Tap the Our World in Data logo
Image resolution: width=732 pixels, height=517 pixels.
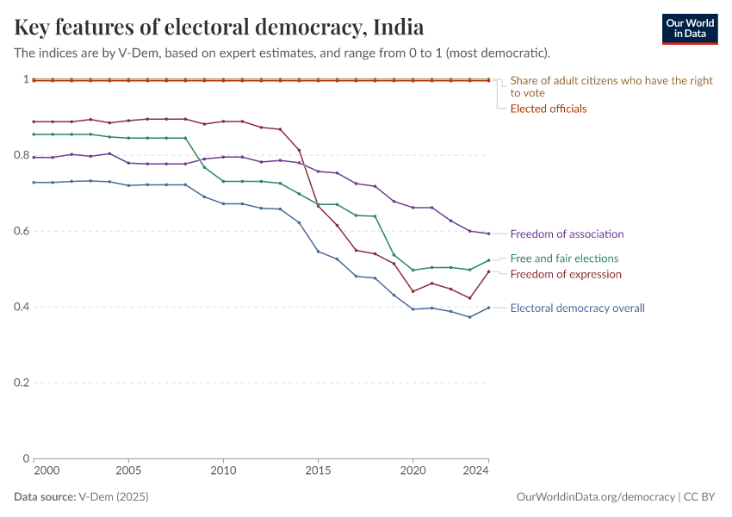(x=689, y=28)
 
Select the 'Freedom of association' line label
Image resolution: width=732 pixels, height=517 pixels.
(x=567, y=234)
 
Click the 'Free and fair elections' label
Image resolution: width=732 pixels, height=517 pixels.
(x=564, y=258)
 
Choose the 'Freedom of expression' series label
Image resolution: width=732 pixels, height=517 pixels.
(x=566, y=274)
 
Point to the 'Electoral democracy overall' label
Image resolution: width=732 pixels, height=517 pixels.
(x=577, y=308)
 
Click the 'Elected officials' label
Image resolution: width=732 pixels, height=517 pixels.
(x=549, y=109)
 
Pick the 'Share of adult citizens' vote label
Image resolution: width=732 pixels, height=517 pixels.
(x=611, y=86)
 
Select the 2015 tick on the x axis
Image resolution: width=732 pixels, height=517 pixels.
(x=318, y=471)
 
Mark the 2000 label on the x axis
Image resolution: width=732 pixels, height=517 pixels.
(x=47, y=471)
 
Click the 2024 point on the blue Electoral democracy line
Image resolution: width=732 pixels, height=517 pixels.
(x=488, y=308)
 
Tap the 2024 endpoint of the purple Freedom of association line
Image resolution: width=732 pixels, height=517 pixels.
(x=488, y=234)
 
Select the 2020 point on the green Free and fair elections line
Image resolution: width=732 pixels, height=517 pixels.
(x=413, y=270)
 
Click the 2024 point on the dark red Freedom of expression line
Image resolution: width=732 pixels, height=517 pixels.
(x=488, y=271)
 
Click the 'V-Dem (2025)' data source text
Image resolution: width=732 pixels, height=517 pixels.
(x=112, y=497)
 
